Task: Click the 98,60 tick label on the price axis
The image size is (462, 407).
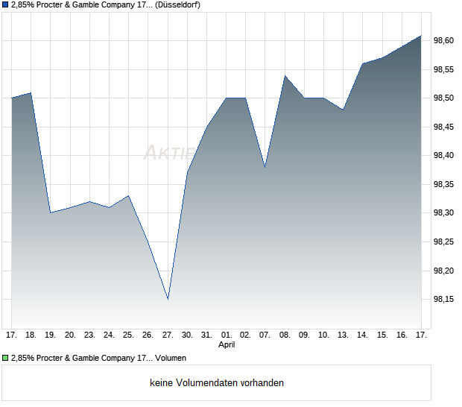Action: coord(443,40)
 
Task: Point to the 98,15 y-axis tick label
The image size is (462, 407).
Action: coord(443,299)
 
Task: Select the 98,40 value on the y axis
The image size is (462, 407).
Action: coord(443,155)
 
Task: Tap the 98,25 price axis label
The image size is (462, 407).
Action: coord(443,242)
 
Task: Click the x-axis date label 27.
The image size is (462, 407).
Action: coord(168,335)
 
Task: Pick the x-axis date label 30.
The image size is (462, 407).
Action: coord(187,335)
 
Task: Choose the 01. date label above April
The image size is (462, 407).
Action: coord(227,335)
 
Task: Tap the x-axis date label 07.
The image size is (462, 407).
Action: coord(265,335)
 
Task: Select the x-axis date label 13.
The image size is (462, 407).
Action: coord(343,335)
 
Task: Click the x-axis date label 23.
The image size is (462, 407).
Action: coord(89,335)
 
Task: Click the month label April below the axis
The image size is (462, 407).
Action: coord(227,345)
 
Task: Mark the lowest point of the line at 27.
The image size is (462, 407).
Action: coord(168,299)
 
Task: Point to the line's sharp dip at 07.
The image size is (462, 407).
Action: coord(265,167)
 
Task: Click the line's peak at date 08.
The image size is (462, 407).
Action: coord(285,75)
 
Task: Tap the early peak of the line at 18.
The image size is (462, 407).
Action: coord(31,92)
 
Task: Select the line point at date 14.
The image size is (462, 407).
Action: coord(362,63)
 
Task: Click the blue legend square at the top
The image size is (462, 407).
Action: coord(6,5)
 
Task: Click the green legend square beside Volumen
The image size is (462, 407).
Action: coord(6,358)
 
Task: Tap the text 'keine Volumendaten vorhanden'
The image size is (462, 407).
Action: coord(217,383)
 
